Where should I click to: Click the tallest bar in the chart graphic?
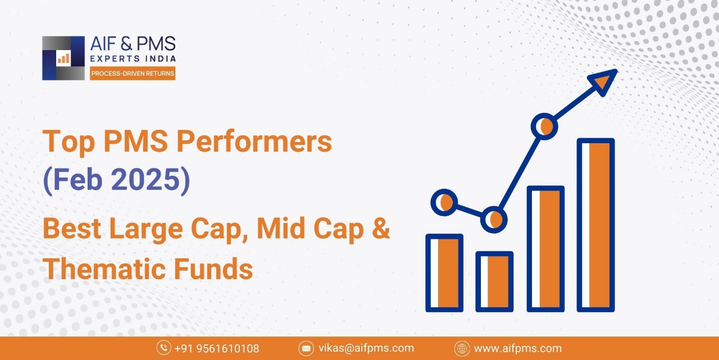(596, 225)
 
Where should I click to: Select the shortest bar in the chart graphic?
(494, 282)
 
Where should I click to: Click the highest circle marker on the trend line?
(544, 126)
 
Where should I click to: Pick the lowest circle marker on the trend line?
(494, 220)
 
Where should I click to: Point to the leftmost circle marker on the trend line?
(444, 202)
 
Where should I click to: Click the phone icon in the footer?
(163, 348)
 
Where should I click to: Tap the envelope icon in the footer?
(306, 348)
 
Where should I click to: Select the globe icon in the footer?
(462, 348)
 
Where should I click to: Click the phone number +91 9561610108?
(217, 348)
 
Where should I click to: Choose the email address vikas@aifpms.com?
(366, 348)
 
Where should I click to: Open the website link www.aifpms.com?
(518, 348)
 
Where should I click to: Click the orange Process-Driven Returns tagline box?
(133, 74)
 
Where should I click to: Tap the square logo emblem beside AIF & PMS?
(63, 58)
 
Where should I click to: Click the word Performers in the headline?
(254, 142)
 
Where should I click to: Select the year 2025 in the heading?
(145, 179)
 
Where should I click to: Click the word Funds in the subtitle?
(213, 268)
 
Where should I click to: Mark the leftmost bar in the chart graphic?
(444, 273)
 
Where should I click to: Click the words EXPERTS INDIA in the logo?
(133, 58)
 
